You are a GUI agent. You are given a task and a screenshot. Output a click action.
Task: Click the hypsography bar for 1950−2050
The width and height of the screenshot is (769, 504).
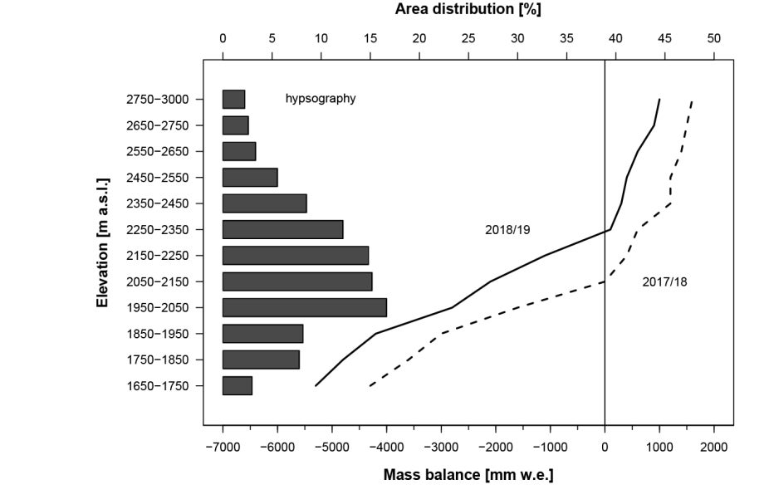point(304,307)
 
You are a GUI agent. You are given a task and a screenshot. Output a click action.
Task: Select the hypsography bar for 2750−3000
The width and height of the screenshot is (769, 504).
point(233,99)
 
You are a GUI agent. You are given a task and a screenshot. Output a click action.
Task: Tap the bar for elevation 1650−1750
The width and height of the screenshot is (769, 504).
point(237,385)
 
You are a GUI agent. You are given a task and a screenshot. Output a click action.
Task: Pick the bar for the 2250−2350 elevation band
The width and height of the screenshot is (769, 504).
point(282,229)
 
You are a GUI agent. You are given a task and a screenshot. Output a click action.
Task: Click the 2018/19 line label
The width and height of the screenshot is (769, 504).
point(507,230)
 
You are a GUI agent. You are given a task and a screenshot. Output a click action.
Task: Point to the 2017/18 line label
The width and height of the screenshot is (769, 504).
point(664,281)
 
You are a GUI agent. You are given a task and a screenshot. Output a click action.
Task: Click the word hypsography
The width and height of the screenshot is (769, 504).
point(321,99)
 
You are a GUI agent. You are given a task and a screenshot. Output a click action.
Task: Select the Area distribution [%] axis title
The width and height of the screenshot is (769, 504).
point(468,10)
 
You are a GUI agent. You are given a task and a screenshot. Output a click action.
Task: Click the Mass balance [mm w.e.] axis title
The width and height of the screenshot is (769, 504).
point(468,475)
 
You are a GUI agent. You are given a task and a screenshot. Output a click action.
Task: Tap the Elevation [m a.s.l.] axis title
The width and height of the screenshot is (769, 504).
point(103,242)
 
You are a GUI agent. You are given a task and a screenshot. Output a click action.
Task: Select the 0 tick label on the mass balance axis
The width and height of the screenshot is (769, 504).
point(605,448)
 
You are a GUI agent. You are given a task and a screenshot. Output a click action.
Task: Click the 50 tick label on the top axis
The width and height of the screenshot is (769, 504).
point(714,38)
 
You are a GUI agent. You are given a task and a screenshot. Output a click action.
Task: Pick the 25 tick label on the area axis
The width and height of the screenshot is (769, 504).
point(468,38)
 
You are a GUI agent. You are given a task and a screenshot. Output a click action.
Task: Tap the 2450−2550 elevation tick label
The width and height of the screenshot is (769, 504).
point(159,178)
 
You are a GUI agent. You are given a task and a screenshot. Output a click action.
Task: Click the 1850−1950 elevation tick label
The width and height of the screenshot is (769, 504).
point(159,334)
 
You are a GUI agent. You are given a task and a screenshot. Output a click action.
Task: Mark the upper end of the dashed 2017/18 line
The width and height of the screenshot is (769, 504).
point(692,100)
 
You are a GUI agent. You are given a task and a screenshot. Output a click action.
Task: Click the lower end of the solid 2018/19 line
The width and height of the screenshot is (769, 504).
point(316,385)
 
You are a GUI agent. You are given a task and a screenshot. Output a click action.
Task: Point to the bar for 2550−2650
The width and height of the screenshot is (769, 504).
point(239,151)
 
